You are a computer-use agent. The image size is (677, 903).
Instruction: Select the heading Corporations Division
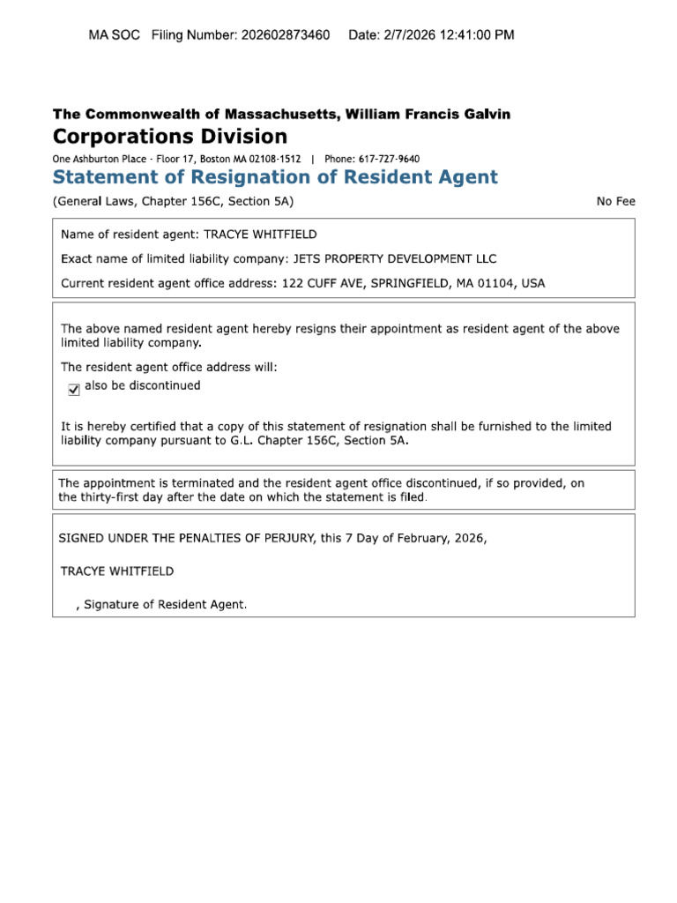[170, 137]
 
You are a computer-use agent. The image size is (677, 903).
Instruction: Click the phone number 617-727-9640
[389, 159]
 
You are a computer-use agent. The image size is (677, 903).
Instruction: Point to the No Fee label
[615, 201]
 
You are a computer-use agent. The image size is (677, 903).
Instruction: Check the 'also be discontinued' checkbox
[74, 389]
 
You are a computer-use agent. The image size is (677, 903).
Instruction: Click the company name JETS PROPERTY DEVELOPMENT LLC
[394, 259]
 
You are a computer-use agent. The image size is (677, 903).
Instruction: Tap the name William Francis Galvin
[428, 114]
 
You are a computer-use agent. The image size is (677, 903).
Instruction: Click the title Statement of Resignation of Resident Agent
[275, 177]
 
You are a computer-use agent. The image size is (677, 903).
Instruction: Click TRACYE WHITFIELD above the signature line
[117, 571]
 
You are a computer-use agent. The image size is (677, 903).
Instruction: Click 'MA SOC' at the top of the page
[115, 35]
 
